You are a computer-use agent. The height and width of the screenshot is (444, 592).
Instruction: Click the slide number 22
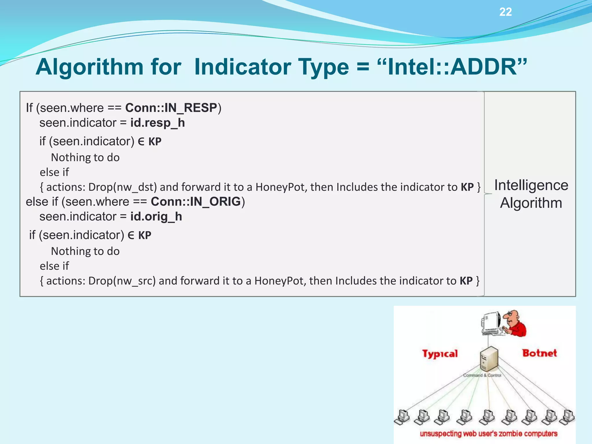[x=506, y=12]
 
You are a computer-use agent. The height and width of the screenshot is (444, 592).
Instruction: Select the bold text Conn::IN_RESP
[x=171, y=108]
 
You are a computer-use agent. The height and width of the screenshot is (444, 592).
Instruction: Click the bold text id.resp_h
[x=158, y=123]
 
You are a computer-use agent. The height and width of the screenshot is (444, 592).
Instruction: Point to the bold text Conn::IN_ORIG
[x=196, y=202]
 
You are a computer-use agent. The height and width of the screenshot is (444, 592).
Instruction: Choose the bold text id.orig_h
[x=156, y=217]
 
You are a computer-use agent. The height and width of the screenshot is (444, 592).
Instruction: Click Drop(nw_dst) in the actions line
[x=123, y=187]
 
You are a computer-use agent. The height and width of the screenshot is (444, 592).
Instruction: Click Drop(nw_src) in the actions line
[x=122, y=281]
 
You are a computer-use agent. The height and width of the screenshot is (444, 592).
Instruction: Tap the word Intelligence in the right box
[x=531, y=185]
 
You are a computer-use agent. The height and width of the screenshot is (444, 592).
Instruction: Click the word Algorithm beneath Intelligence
[x=531, y=203]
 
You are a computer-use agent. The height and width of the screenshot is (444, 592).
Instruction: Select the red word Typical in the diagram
[x=440, y=354]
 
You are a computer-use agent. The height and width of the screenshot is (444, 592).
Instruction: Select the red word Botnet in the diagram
[x=539, y=353]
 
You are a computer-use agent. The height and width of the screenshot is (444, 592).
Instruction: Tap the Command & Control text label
[x=482, y=375]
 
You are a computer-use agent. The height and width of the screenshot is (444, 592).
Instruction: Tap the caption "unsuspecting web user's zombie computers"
[x=488, y=434]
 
